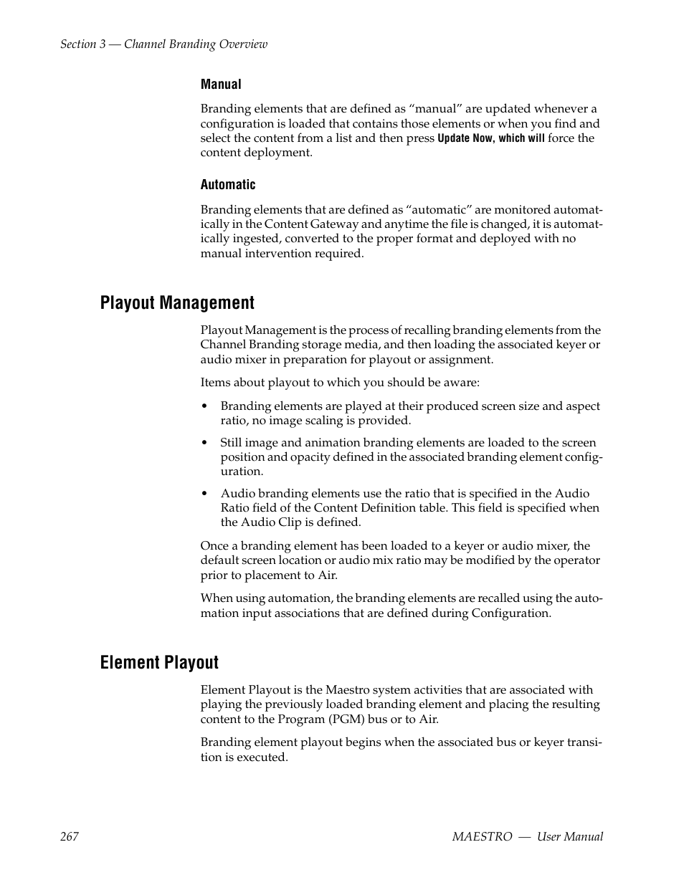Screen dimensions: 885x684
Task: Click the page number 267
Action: (x=70, y=836)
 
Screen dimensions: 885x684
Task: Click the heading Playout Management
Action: (x=177, y=303)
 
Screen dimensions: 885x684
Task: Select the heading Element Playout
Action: (x=159, y=663)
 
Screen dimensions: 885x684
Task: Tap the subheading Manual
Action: (x=221, y=85)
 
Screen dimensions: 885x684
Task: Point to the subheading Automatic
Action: (x=228, y=185)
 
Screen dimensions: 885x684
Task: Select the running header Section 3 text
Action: (x=163, y=44)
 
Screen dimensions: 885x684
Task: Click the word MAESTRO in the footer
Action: (x=483, y=836)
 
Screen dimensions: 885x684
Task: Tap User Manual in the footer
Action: (x=570, y=836)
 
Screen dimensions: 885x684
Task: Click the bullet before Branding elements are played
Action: (x=204, y=406)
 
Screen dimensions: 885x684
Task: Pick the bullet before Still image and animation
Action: (x=204, y=443)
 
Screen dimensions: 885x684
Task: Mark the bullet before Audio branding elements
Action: (x=204, y=494)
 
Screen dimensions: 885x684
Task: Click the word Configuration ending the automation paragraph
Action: (x=510, y=613)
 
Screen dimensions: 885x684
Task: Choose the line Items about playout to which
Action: (x=340, y=383)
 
